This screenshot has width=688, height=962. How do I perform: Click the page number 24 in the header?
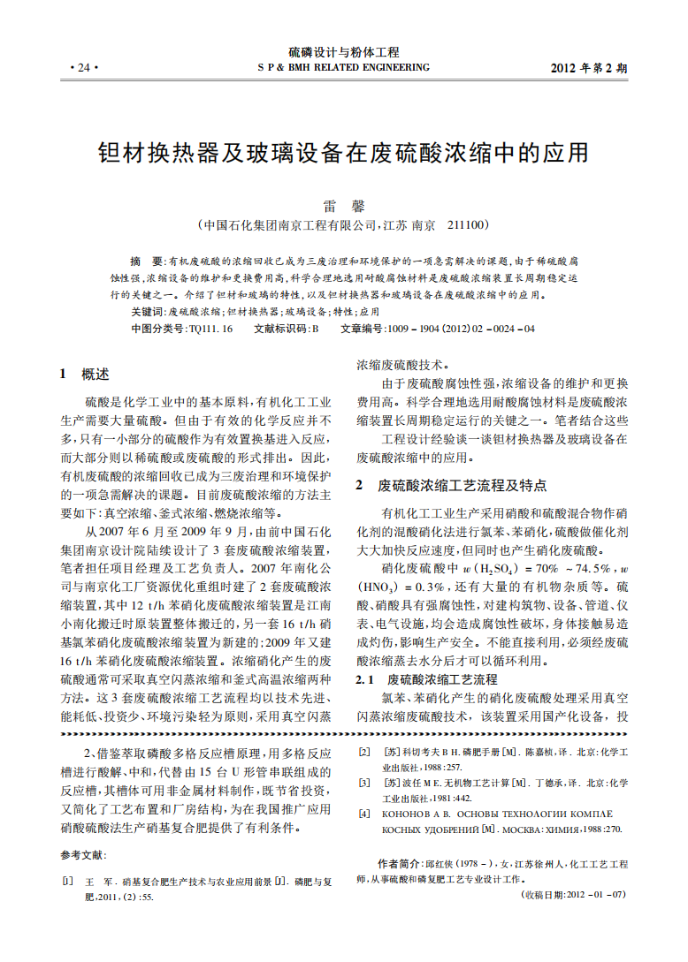pyautogui.click(x=83, y=68)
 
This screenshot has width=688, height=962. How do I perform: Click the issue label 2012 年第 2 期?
pyautogui.click(x=589, y=68)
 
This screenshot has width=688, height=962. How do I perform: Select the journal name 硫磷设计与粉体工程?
pyautogui.click(x=344, y=52)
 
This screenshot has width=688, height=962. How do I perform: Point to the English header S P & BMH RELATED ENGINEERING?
pyautogui.click(x=343, y=67)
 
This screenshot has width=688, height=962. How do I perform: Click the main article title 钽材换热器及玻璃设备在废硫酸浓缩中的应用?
pyautogui.click(x=343, y=153)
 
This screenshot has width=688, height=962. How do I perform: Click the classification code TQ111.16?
pyautogui.click(x=210, y=329)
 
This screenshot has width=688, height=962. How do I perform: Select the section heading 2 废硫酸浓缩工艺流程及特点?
pyautogui.click(x=451, y=485)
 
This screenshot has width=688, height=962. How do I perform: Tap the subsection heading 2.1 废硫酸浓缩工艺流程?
pyautogui.click(x=426, y=679)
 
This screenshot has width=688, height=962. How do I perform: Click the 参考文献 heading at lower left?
pyautogui.click(x=83, y=855)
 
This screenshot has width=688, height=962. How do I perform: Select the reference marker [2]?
pyautogui.click(x=363, y=752)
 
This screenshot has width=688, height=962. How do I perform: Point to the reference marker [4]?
pyautogui.click(x=363, y=813)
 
